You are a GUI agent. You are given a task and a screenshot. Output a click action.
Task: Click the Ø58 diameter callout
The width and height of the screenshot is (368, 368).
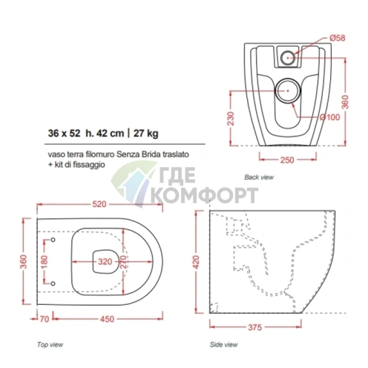338,38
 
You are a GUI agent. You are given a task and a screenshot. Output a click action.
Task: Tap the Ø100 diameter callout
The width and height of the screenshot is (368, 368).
330,117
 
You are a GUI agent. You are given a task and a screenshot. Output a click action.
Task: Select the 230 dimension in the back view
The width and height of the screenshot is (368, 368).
231,119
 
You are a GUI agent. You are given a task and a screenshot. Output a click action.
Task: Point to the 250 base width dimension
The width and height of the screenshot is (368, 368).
287,160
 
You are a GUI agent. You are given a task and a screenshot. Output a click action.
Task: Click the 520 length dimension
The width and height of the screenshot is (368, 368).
99,204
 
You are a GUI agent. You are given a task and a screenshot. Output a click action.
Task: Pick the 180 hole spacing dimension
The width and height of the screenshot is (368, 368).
44,263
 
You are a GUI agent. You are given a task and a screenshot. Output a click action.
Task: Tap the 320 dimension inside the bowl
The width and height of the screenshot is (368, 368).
105,261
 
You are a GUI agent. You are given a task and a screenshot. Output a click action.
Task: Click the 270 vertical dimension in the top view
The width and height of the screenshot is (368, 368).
123,262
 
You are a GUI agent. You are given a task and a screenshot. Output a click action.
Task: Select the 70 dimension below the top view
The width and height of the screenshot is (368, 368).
45,319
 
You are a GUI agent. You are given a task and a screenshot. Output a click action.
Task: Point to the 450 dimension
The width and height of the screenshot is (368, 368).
107,319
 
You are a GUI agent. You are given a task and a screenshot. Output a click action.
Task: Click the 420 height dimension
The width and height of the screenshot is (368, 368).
196,262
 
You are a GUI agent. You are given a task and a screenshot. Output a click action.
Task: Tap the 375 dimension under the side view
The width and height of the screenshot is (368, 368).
254,327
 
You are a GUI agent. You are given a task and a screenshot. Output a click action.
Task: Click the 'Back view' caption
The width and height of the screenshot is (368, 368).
259,177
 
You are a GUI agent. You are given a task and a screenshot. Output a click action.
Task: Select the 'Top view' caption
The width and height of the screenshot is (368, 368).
50,344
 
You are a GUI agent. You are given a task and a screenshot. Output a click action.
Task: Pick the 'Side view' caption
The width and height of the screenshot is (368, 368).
223,344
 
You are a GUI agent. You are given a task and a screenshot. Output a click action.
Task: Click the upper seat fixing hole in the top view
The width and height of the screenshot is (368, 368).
53,240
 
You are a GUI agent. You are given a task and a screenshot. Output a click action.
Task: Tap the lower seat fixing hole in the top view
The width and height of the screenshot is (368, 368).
53,283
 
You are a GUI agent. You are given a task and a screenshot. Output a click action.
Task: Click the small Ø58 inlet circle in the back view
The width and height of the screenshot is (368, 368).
288,58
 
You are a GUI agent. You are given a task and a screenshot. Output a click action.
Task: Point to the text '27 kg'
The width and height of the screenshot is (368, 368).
146,134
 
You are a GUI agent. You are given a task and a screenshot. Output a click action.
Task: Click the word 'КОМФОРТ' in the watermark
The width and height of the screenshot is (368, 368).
205,195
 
